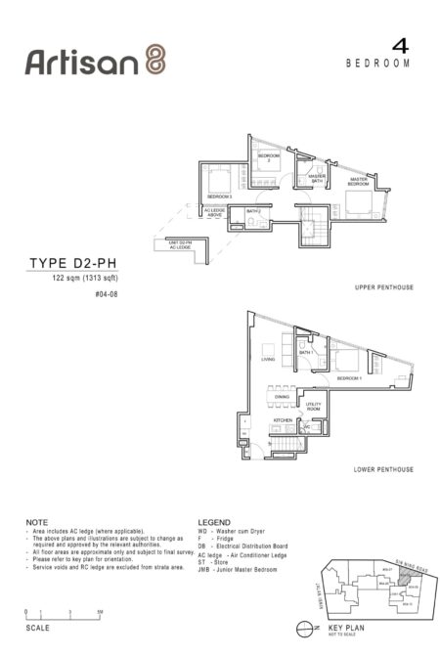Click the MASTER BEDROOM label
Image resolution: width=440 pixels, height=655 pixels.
[359, 181]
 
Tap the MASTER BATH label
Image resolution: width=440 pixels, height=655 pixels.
[317, 177]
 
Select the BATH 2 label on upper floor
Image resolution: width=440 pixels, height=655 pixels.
[252, 211]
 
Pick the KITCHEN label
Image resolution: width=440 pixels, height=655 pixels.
[282, 420]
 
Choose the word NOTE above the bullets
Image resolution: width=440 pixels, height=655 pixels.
[36, 523]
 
